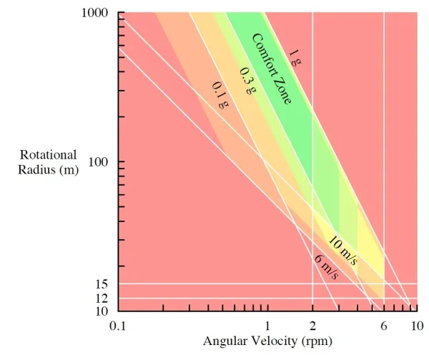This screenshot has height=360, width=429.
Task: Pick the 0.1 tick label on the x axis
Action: point(119,326)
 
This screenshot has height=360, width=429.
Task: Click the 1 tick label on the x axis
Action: point(267,326)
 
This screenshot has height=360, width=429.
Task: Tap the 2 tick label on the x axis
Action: point(312,326)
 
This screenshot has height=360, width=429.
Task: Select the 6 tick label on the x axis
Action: point(384,326)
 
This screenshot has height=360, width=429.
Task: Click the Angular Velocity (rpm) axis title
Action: point(267,341)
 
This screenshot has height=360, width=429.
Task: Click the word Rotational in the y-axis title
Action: point(48,155)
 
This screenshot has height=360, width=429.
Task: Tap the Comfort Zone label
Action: point(272,69)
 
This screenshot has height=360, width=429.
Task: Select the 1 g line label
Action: point(295,58)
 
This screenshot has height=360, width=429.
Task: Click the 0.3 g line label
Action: point(247,80)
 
